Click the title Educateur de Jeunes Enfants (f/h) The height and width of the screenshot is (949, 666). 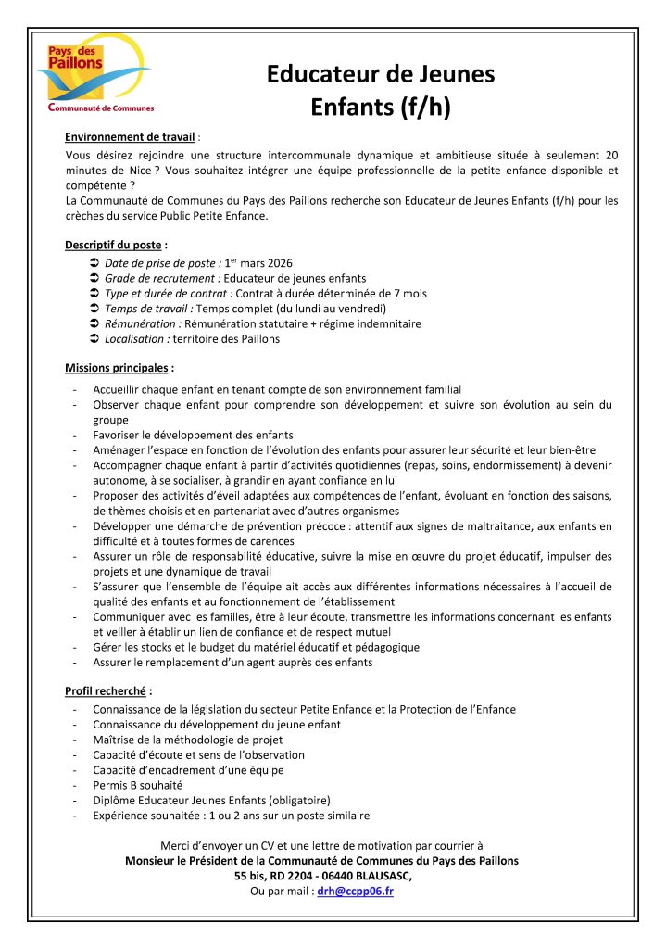pyautogui.click(x=381, y=91)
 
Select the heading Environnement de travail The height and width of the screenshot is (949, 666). pyautogui.click(x=131, y=136)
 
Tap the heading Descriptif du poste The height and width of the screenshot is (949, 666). pyautogui.click(x=113, y=246)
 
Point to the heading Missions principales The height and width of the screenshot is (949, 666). pyautogui.click(x=117, y=368)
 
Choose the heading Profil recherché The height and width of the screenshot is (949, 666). pyautogui.click(x=107, y=690)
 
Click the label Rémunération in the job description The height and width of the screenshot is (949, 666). pyautogui.click(x=143, y=323)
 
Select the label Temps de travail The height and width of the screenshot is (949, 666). pyautogui.click(x=146, y=309)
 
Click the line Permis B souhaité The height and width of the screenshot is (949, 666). pyautogui.click(x=137, y=785)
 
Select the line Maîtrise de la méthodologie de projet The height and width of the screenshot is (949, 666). pyautogui.click(x=187, y=740)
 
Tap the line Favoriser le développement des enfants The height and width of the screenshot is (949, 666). pyautogui.click(x=193, y=435)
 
